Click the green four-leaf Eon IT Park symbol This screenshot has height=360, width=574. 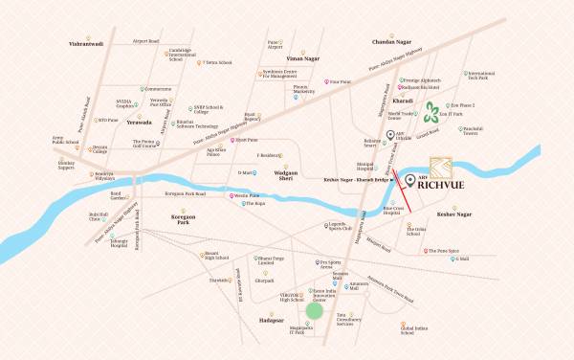pyautogui.click(x=433, y=112)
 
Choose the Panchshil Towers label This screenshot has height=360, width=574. pyautogui.click(x=478, y=128)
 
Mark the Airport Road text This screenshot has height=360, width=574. pyautogui.click(x=145, y=41)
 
